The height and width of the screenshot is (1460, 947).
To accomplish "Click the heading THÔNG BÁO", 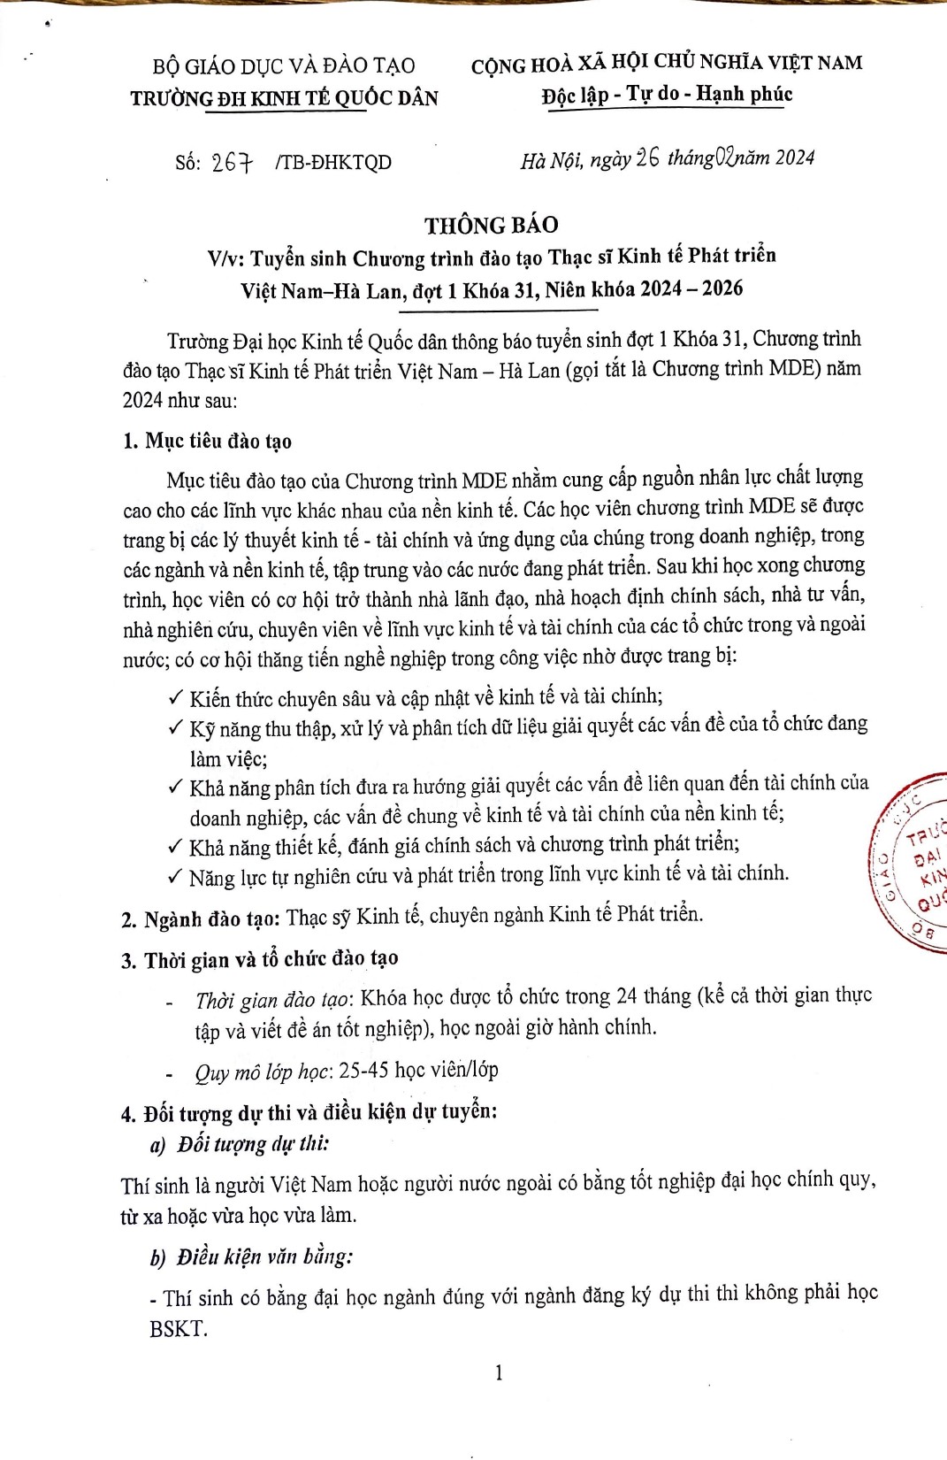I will (491, 225).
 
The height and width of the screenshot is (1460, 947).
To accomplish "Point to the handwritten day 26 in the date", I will (647, 158).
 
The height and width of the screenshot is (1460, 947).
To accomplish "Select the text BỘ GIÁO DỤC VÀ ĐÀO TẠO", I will (284, 66).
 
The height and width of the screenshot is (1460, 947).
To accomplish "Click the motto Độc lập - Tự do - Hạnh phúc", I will (667, 95).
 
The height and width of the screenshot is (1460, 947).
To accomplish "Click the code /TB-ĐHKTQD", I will (333, 163).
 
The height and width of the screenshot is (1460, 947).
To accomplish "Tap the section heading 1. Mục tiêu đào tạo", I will (208, 441).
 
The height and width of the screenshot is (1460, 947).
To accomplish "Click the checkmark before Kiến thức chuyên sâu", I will (175, 697).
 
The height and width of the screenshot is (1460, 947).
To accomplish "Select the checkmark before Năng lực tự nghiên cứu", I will (175, 876).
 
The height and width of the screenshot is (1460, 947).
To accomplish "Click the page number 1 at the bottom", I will (499, 1372).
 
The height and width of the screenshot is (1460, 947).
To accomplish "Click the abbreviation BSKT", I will (178, 1328).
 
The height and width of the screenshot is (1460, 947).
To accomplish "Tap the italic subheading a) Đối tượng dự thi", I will (241, 1144).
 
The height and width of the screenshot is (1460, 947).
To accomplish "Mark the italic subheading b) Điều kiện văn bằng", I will (251, 1256).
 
